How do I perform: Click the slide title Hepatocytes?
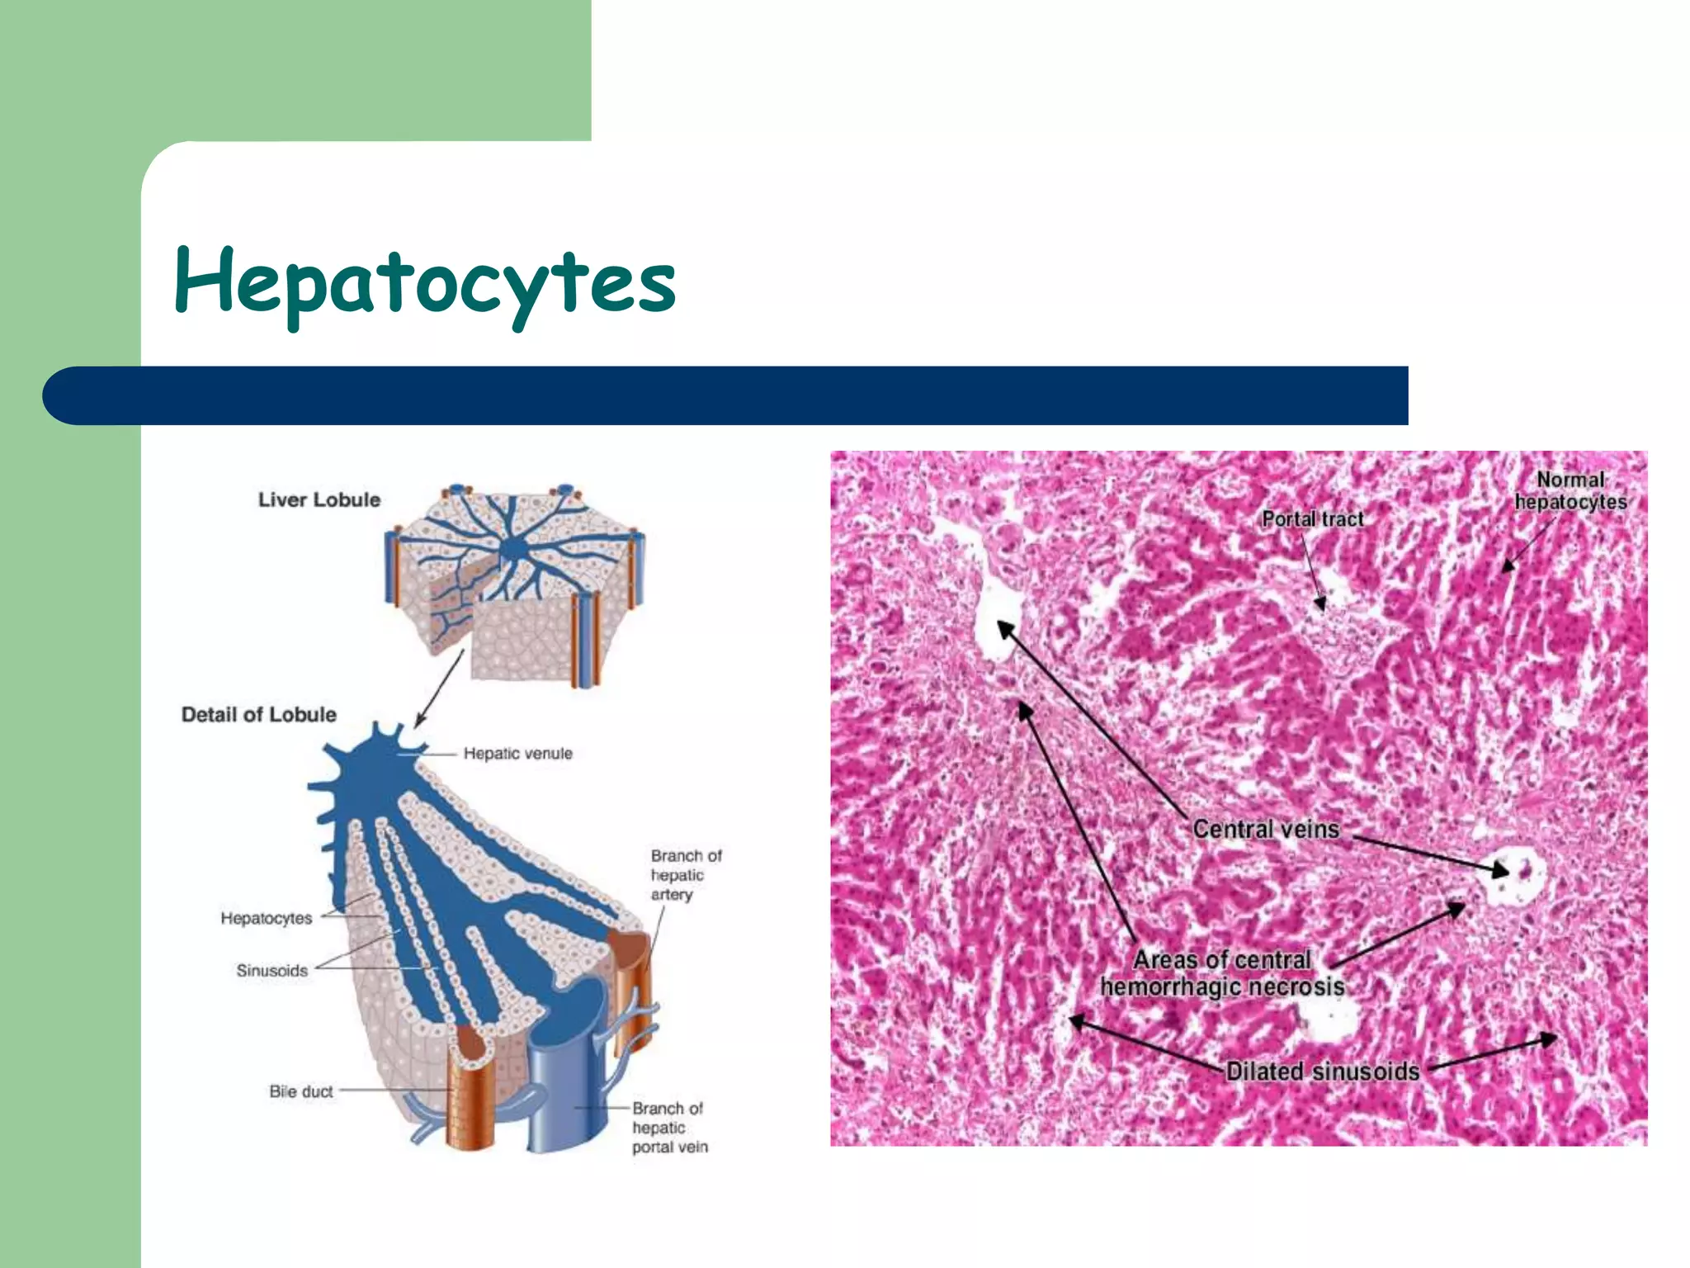pos(425,283)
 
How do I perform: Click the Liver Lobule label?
pos(319,499)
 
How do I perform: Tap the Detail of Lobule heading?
pos(258,714)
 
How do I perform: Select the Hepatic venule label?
pos(517,753)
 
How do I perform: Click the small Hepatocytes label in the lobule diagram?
pos(266,918)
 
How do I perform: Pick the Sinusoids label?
pos(271,970)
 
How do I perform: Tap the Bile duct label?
pos(300,1091)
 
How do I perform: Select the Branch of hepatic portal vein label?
pos(669,1127)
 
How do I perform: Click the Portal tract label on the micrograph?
pos(1312,519)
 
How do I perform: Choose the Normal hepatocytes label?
pos(1570,490)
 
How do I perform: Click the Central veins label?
pos(1265,829)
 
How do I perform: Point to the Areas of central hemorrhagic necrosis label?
pos(1222,973)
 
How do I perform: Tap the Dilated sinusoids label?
pos(1322,1072)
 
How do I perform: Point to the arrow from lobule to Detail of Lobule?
pos(438,688)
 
